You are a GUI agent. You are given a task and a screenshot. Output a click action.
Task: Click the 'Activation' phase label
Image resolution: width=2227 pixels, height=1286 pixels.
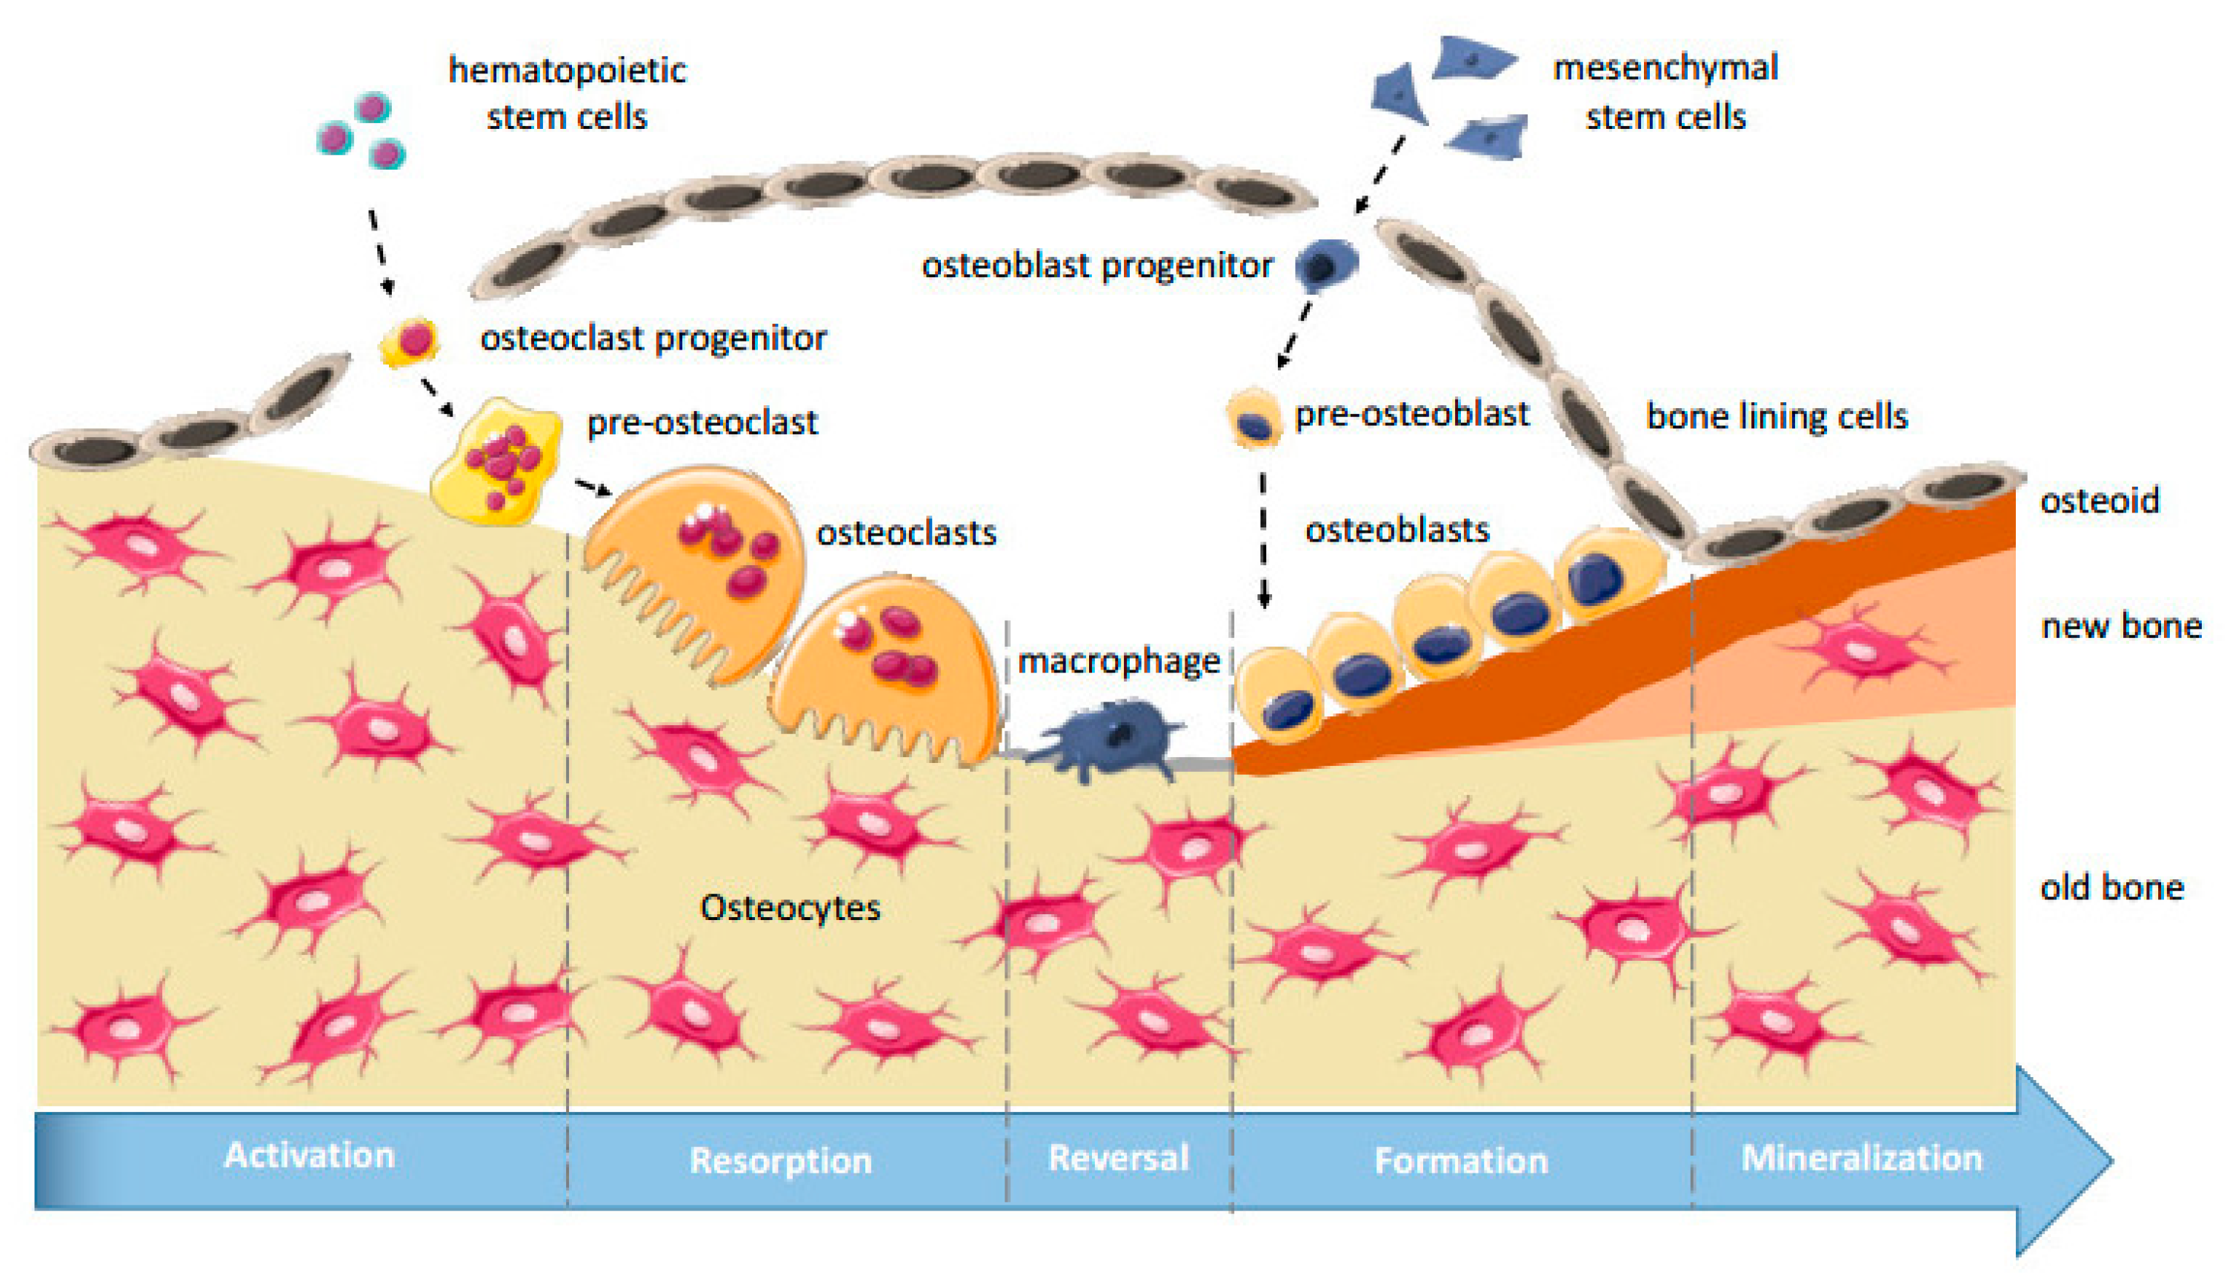point(309,1156)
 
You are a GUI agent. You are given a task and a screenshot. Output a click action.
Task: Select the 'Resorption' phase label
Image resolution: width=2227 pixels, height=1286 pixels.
point(781,1160)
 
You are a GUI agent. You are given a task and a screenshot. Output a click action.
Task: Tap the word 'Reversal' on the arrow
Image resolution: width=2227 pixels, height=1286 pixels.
point(1118,1157)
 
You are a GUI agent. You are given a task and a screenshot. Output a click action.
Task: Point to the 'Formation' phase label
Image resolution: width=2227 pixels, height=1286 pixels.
point(1462,1160)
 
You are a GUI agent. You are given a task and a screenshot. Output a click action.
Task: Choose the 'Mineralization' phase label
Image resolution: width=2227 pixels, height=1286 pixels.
point(1862,1157)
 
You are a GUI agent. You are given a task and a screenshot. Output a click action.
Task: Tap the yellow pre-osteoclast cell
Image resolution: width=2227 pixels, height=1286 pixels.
point(496,459)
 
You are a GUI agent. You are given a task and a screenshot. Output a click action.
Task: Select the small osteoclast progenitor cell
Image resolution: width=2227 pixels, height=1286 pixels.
point(410,341)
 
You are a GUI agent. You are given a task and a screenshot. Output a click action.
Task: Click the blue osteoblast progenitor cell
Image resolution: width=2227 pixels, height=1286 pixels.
point(1325,264)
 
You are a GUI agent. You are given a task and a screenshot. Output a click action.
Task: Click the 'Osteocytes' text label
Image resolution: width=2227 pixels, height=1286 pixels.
point(790,907)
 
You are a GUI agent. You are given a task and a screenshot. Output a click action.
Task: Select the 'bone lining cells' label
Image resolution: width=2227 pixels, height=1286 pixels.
point(1777,416)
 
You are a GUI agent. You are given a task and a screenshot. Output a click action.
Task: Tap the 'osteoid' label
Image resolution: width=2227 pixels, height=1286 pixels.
point(2100,501)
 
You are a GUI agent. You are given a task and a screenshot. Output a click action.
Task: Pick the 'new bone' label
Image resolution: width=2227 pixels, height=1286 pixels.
point(2121,625)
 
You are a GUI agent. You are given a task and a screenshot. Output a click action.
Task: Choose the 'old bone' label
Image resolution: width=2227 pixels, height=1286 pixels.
point(2111,887)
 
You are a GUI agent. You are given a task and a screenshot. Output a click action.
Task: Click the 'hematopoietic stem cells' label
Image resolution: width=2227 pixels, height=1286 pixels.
point(567,93)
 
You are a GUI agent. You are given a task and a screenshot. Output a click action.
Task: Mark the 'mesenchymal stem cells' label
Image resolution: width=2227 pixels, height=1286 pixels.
point(1665,91)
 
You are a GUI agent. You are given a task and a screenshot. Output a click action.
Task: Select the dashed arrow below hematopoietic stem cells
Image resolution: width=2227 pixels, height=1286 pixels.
point(380,251)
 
